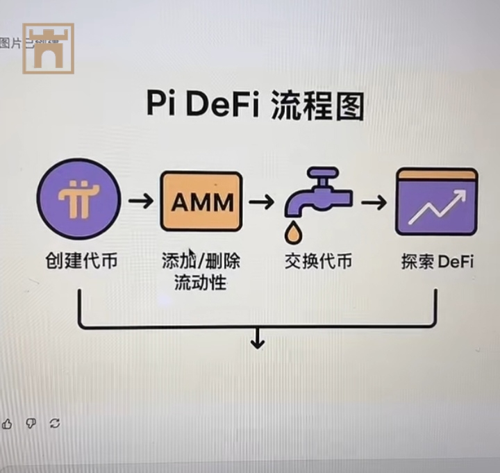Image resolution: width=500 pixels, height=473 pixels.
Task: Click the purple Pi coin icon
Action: tap(78, 199)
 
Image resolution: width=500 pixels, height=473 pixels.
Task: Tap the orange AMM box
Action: tap(201, 201)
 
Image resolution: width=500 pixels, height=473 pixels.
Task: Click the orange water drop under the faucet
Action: tap(296, 234)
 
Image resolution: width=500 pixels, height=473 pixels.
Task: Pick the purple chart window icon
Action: tap(436, 201)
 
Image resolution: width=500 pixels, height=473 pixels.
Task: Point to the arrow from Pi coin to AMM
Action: tap(141, 201)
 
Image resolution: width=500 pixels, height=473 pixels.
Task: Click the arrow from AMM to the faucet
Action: tap(262, 202)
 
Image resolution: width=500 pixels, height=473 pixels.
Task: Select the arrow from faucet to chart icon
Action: tap(374, 202)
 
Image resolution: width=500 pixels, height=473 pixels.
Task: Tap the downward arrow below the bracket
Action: tap(258, 338)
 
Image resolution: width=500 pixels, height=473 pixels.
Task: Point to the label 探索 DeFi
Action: tap(437, 262)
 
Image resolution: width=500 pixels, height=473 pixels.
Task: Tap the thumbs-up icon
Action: tap(7, 423)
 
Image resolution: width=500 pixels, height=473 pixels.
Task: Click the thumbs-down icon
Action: tap(31, 423)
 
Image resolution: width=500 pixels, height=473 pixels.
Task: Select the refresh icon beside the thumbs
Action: tap(54, 423)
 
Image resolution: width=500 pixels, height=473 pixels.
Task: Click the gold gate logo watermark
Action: tap(48, 49)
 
